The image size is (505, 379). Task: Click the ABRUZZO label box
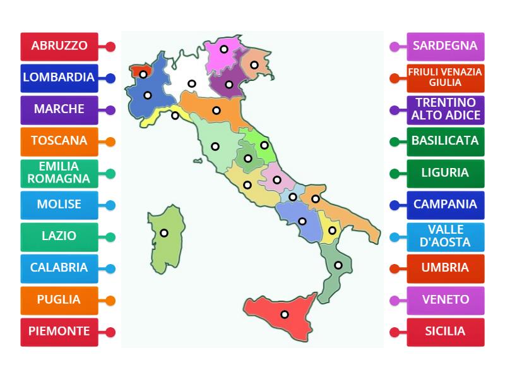point(59,46)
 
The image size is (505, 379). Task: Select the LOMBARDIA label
point(59,78)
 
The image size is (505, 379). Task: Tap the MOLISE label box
point(59,205)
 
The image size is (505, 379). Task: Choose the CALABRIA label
point(59,268)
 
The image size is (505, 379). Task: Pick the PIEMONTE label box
point(59,332)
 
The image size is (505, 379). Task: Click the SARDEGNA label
point(445,46)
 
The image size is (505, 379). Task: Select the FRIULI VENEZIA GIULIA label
point(445,78)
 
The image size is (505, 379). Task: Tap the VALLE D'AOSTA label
point(445,236)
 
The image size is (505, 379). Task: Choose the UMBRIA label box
point(445,268)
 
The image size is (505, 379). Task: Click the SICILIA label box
point(445,332)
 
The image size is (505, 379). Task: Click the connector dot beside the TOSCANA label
point(110,141)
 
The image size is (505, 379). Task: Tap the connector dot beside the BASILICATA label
point(395,141)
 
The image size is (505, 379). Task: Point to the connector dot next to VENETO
point(395,300)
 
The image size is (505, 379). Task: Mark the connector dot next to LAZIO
point(110,237)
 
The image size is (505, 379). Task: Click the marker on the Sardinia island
point(164,232)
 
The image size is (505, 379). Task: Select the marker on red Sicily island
point(285,314)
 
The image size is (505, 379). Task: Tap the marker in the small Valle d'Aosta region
point(143,74)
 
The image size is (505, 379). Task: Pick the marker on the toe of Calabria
point(338,265)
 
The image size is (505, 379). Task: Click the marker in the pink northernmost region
point(224,49)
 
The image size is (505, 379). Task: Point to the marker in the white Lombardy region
point(192,83)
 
